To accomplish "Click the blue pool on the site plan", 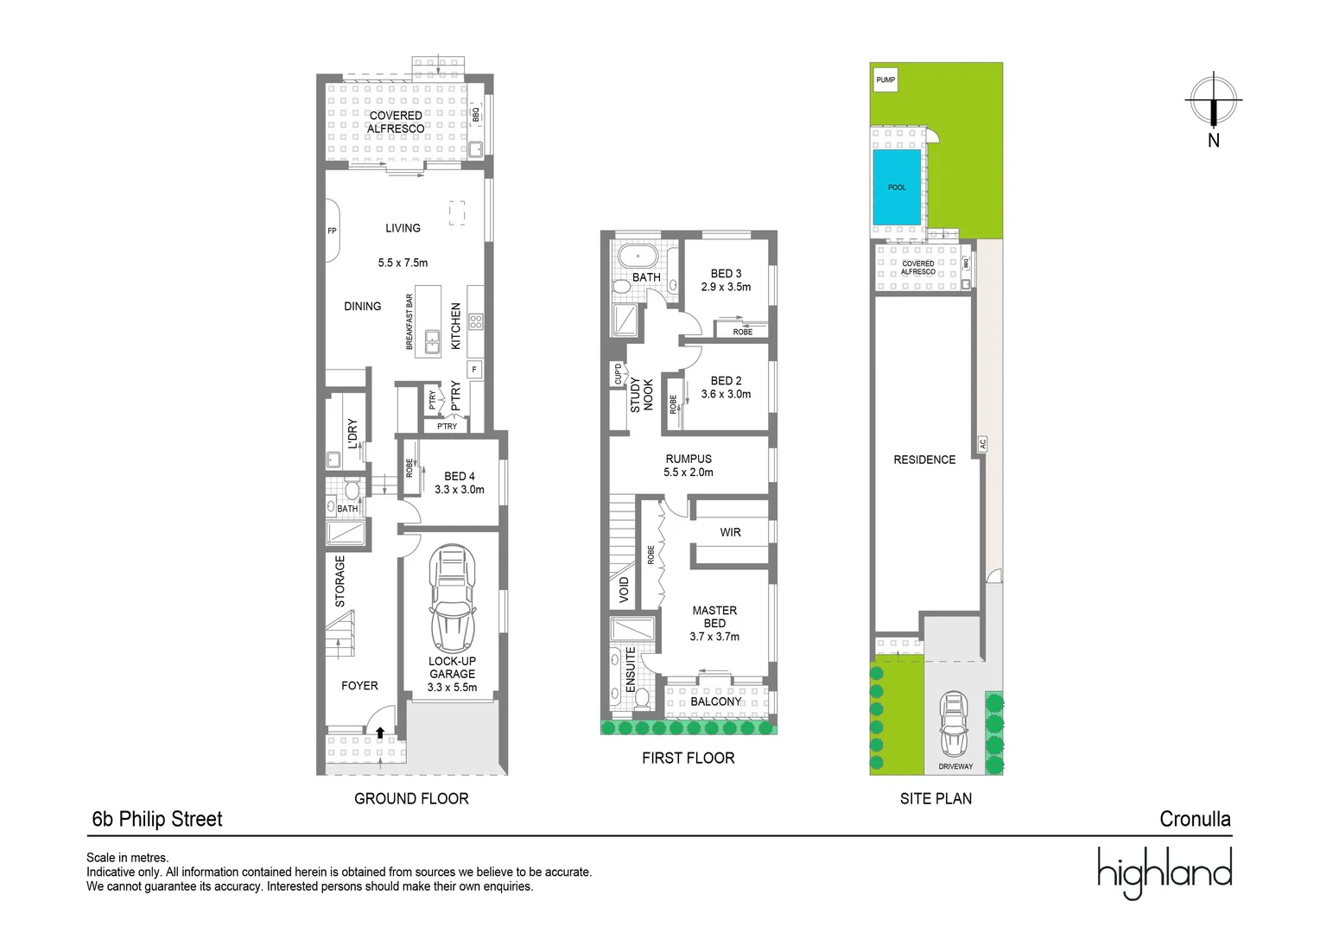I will [898, 187].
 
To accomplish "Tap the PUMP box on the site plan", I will [885, 80].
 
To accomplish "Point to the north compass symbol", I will [1214, 101].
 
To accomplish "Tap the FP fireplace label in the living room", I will [332, 232].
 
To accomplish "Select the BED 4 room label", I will [460, 476].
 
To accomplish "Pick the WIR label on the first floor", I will [731, 532].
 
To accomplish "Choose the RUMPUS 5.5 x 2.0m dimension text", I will [689, 473].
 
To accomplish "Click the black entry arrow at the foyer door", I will [380, 733].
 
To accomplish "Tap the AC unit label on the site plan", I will [983, 444].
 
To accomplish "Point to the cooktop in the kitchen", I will [475, 321].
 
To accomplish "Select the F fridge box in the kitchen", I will [473, 370].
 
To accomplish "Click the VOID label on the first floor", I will [624, 590].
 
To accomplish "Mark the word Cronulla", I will [1195, 819].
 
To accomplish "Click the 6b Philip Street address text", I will [157, 819].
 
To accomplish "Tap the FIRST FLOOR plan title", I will [688, 758].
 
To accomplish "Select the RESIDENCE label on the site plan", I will [924, 460].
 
